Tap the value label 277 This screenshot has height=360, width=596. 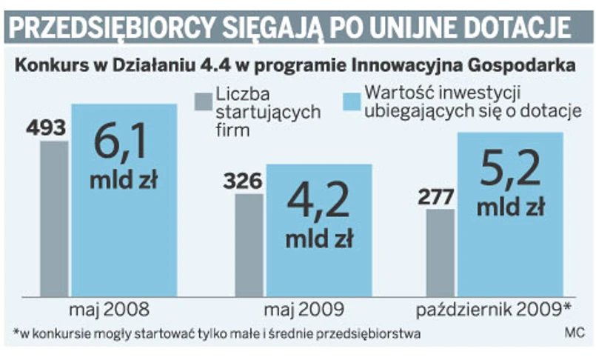point(441,197)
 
